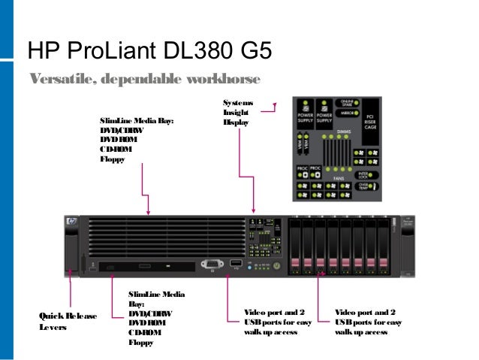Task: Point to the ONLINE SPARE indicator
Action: point(348,104)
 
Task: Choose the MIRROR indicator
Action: point(348,113)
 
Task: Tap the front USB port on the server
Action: point(235,264)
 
